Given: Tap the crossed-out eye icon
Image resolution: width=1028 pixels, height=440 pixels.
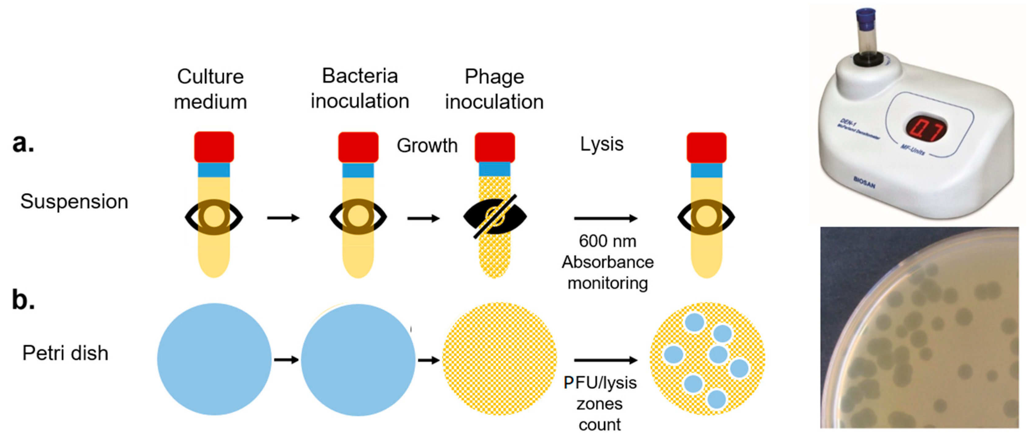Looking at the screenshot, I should (495, 217).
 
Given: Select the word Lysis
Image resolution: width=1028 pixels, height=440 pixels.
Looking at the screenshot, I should (601, 144).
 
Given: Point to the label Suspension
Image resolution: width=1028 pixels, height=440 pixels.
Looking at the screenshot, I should (74, 201).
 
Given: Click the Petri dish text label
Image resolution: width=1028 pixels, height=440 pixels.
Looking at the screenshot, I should (65, 353).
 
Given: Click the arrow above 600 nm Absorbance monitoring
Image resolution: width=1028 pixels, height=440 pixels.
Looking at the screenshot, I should (605, 218).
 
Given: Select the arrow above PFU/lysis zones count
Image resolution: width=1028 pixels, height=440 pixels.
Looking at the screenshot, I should (605, 360).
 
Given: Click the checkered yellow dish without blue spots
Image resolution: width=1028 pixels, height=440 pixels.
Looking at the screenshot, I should (499, 359).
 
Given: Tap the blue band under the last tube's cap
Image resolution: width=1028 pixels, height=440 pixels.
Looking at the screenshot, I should (706, 170).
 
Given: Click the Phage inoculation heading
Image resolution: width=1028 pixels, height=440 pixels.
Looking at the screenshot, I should (494, 89).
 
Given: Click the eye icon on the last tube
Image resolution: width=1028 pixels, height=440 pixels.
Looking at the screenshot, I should (706, 217).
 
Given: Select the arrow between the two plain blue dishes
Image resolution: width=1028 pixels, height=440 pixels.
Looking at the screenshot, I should (286, 360).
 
